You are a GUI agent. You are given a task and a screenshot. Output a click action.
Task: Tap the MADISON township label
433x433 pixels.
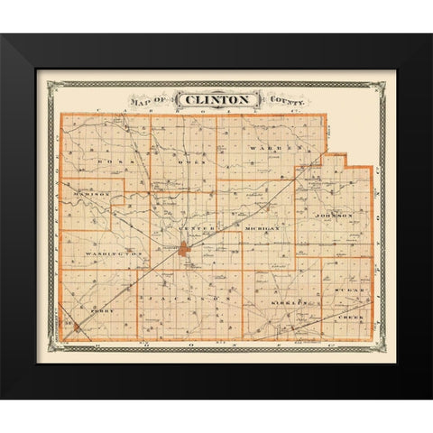point(88,194)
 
